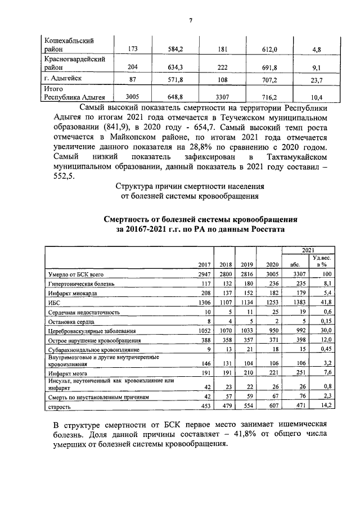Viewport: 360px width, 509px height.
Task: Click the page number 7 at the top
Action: [191, 20]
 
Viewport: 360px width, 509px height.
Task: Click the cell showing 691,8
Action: [271, 65]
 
